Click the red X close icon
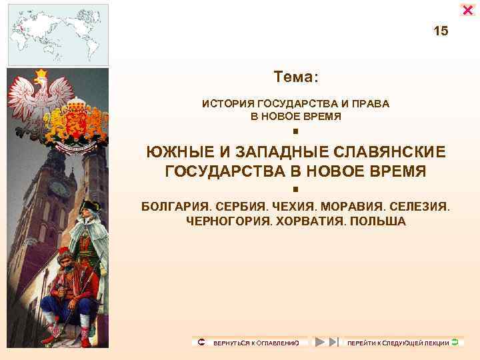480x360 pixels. click(x=467, y=9)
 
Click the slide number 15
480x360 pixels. click(x=441, y=31)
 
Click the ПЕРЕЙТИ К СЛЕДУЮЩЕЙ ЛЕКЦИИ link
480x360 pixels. click(x=398, y=343)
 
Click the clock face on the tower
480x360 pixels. click(x=59, y=188)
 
